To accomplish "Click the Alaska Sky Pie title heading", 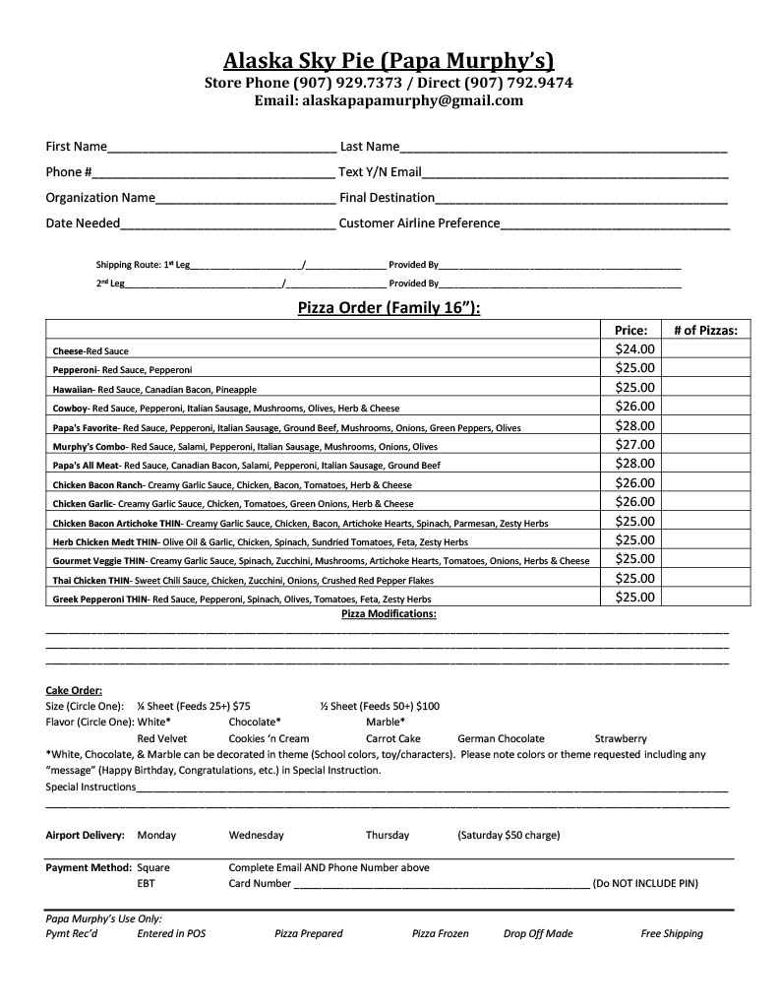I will [x=389, y=61].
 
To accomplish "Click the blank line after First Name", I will [x=221, y=148].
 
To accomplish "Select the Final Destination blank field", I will [x=581, y=198].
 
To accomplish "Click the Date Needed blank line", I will [x=228, y=223].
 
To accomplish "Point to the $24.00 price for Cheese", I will [x=634, y=348].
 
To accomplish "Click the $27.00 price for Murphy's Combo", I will [x=634, y=445].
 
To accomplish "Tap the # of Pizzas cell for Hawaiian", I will [x=705, y=388].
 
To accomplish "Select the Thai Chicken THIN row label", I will [x=90, y=580].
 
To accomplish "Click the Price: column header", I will [x=630, y=331].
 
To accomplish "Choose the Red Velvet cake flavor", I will [x=162, y=738].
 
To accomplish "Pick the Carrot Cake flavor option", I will [x=392, y=738].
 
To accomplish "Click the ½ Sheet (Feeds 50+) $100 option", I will [x=380, y=706].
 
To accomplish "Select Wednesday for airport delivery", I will [x=256, y=835].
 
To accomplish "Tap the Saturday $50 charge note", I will [x=509, y=835].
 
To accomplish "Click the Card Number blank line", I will [x=441, y=884].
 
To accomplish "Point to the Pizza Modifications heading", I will [x=389, y=613].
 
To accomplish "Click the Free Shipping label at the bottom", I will [x=672, y=933].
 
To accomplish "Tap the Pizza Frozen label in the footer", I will [x=440, y=933].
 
